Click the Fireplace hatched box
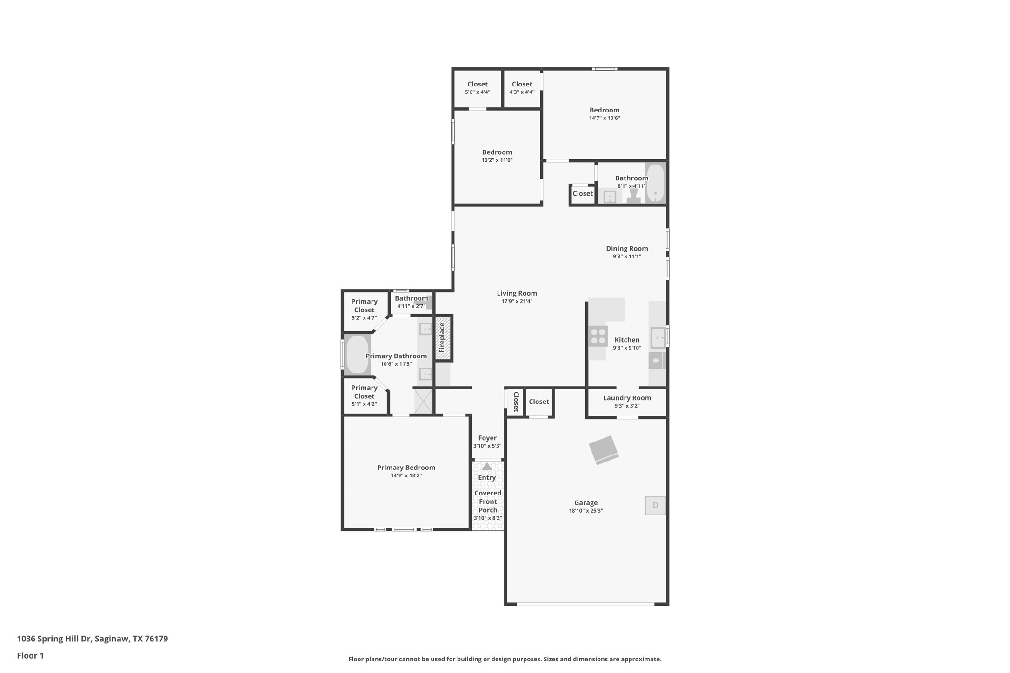coord(443,338)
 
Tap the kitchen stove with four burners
coord(598,336)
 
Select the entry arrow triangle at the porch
coord(487,466)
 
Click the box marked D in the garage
coord(655,506)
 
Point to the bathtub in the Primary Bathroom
coord(357,355)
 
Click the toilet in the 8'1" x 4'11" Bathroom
coord(633,195)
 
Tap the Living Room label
coord(517,293)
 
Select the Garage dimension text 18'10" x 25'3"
coord(586,511)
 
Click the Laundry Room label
coord(627,398)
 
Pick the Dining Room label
coord(627,249)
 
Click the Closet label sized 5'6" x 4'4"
coord(478,84)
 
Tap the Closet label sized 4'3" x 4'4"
coord(522,84)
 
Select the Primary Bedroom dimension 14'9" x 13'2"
coord(406,475)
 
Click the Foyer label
coord(487,438)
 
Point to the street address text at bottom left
coord(93,639)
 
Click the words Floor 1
coord(30,656)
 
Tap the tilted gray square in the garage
coord(604,450)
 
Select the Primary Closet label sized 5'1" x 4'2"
coord(364,392)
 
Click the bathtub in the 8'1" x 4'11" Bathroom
coord(655,183)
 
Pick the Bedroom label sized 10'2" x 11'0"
coord(497,152)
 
